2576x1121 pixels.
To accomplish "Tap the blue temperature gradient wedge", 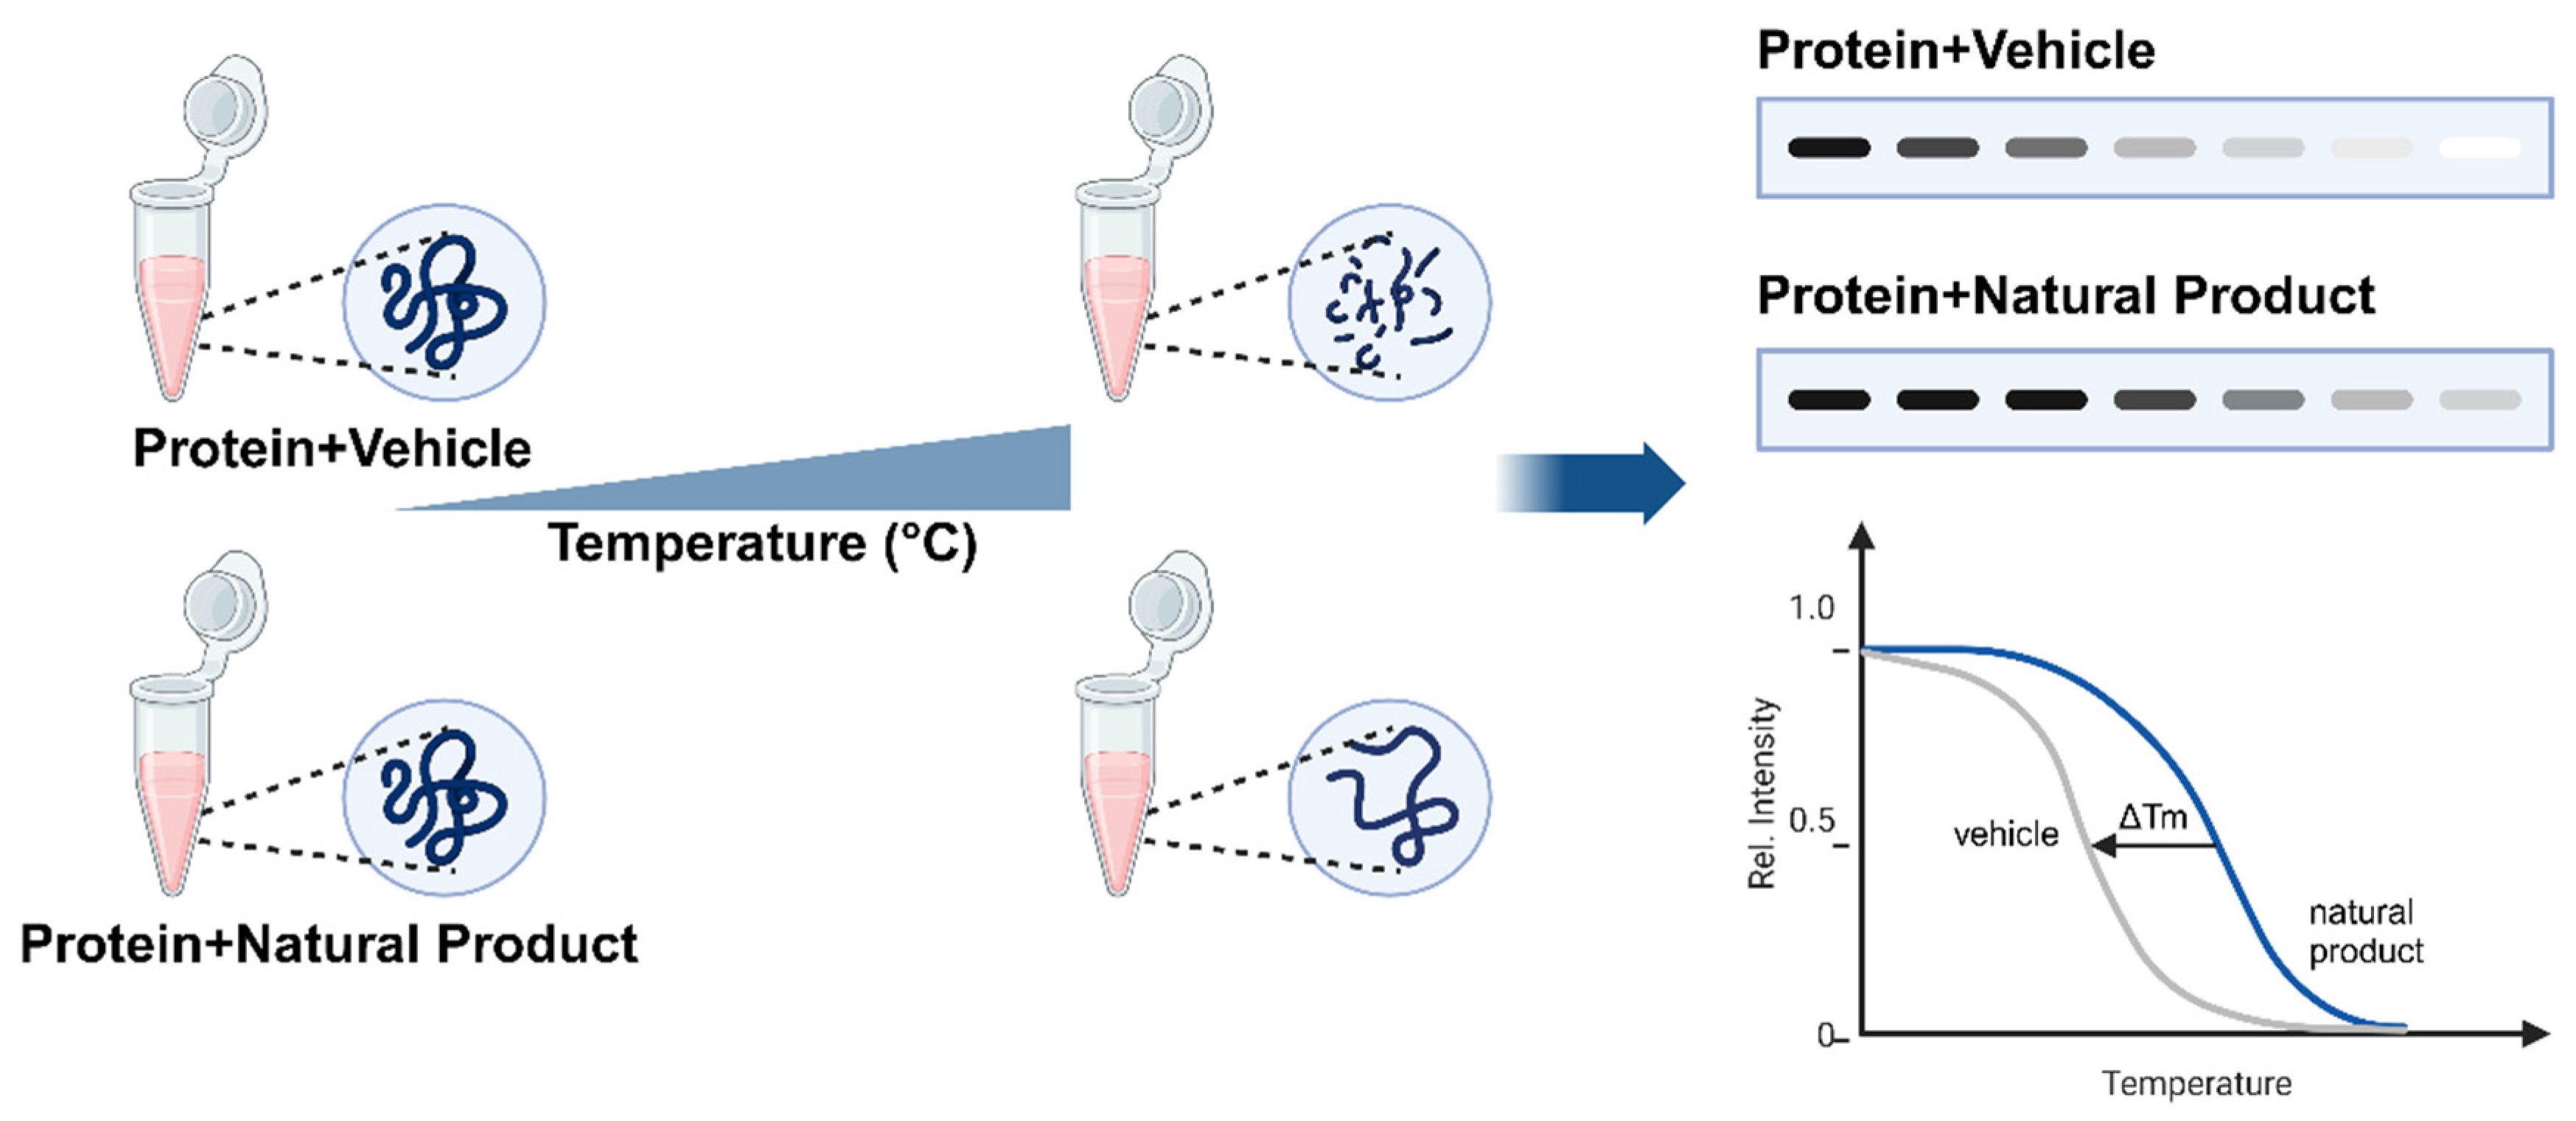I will pyautogui.click(x=900, y=480).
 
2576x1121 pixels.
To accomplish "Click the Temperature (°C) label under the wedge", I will pyautogui.click(x=762, y=544).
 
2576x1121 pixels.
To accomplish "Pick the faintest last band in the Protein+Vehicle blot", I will pyautogui.click(x=2480, y=148).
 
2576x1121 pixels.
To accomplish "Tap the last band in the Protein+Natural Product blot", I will pyautogui.click(x=2480, y=400).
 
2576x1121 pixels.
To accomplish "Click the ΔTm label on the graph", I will pyautogui.click(x=2152, y=817).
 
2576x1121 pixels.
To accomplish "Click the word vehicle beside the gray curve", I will pyautogui.click(x=2005, y=834).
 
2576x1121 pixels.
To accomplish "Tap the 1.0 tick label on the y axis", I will pyautogui.click(x=1811, y=608).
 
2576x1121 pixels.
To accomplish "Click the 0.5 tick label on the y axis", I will pyautogui.click(x=1811, y=821).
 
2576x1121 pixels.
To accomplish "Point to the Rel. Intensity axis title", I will pyautogui.click(x=1762, y=792).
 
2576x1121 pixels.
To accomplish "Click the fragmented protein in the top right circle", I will pyautogui.click(x=1388, y=302).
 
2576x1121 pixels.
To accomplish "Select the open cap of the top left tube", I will pyautogui.click(x=224, y=100).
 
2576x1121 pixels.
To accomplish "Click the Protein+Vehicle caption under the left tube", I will pyautogui.click(x=332, y=448).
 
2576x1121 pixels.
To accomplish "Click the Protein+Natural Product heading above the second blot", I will pyautogui.click(x=2065, y=296).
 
